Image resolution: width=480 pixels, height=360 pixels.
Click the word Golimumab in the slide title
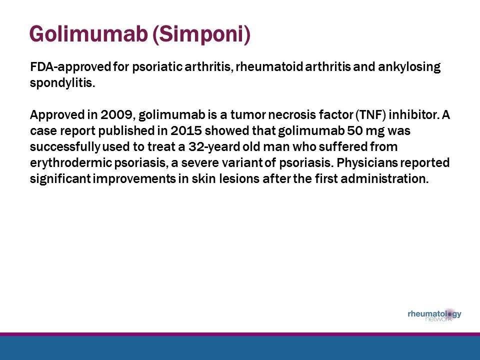point(88,34)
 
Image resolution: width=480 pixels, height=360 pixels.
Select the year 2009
point(116,115)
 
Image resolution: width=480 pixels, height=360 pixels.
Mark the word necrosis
point(296,115)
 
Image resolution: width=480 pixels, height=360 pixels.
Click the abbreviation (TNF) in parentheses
point(372,115)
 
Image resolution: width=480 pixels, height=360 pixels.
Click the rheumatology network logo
point(434,315)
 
